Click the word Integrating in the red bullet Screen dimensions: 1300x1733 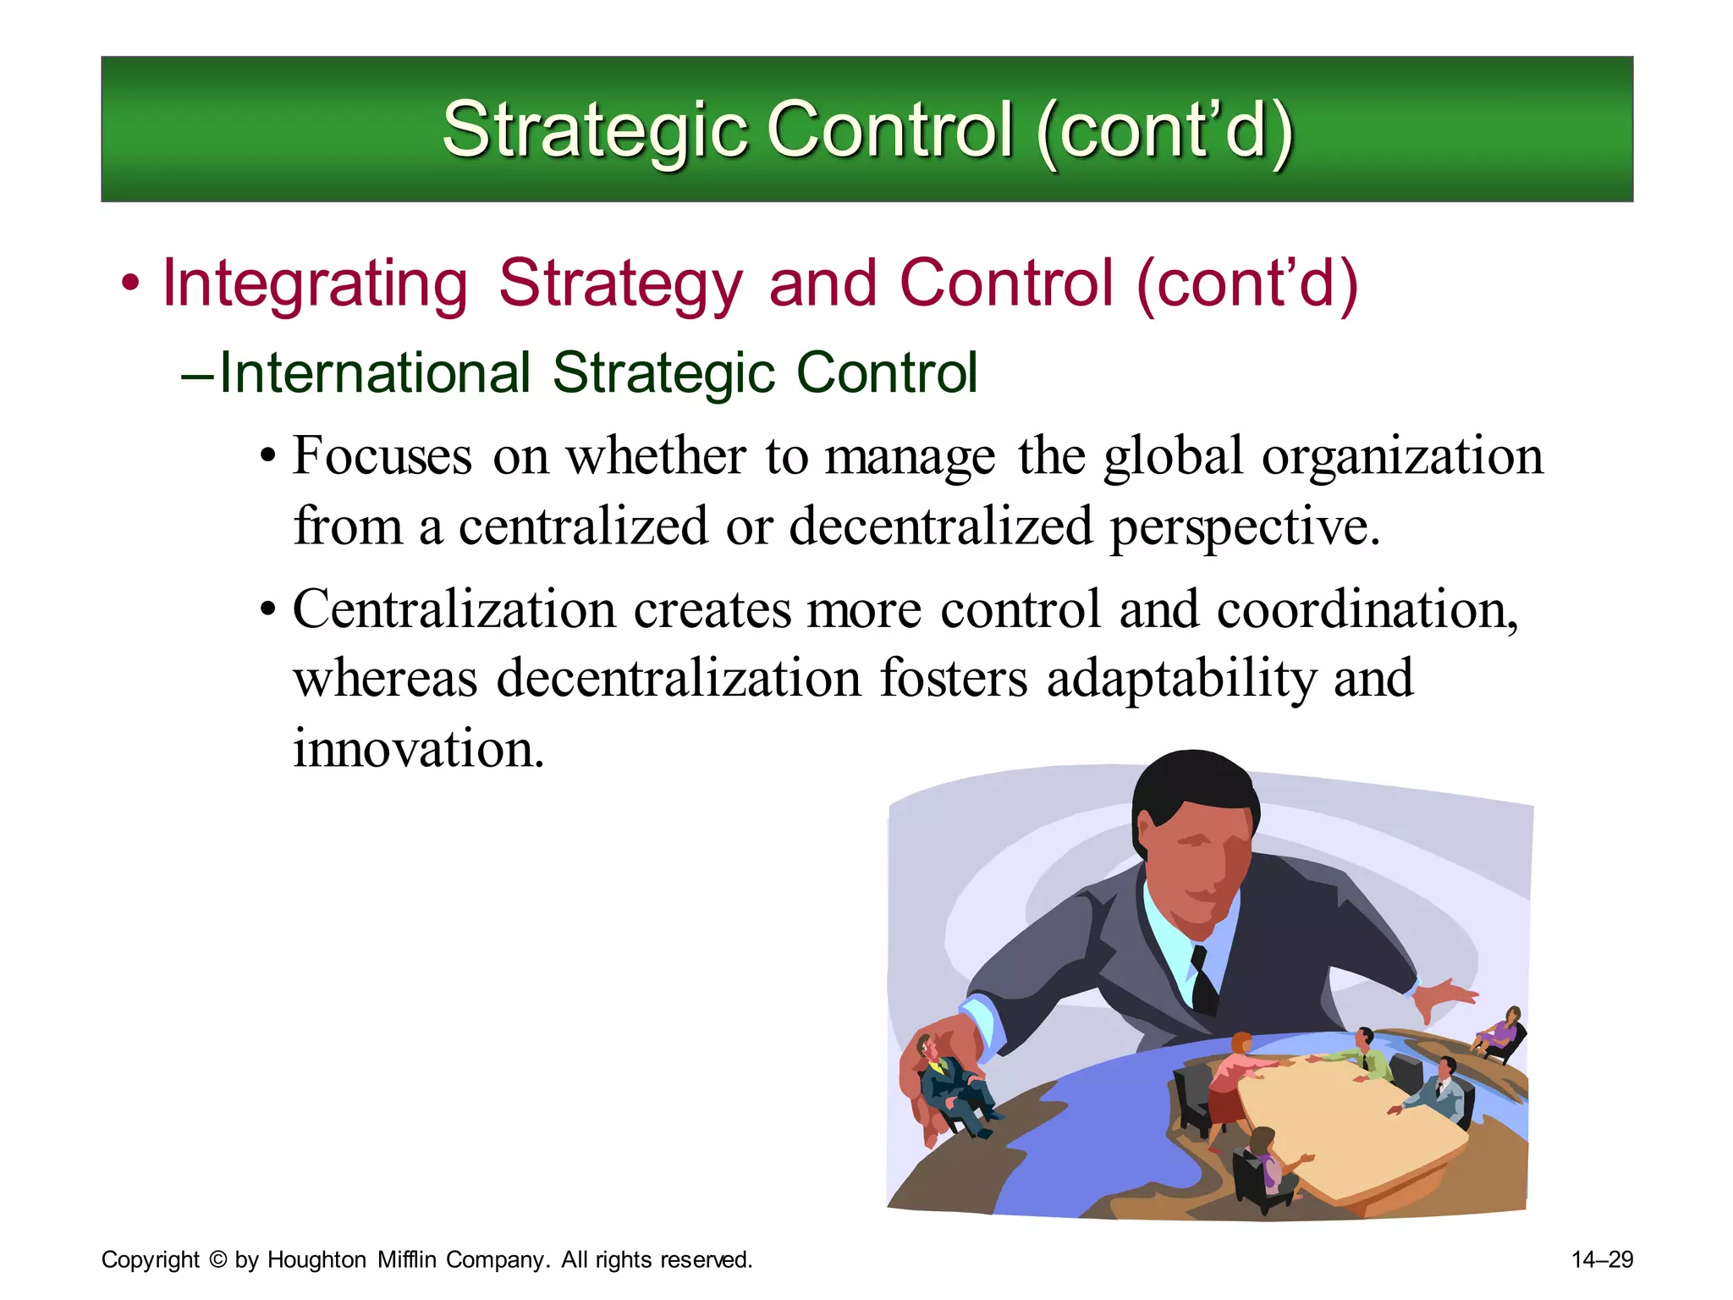click(x=315, y=284)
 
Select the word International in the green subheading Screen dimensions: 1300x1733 click(x=375, y=373)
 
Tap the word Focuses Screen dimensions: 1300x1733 click(x=382, y=456)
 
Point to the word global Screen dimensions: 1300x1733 click(x=1173, y=456)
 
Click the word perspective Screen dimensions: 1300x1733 click(x=1244, y=526)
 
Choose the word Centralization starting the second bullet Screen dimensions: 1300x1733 click(x=454, y=609)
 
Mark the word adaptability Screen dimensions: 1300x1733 click(x=1181, y=679)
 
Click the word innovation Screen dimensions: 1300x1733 click(x=418, y=748)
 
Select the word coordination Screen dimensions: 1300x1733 click(x=1367, y=609)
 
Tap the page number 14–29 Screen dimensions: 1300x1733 click(x=1602, y=1260)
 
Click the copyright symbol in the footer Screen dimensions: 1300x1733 click(x=217, y=1260)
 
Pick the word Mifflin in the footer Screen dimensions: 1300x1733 click(x=407, y=1260)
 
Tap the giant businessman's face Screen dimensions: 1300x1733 click(x=1193, y=855)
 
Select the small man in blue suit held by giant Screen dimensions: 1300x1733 click(x=952, y=1083)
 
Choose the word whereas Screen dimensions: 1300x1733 click(x=386, y=679)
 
